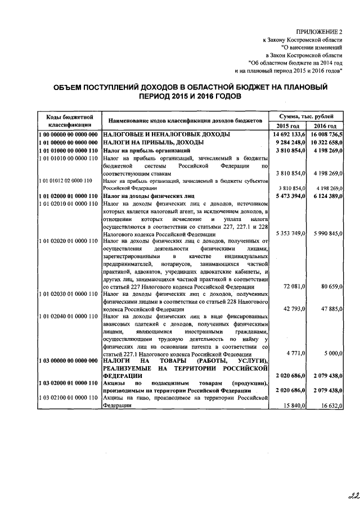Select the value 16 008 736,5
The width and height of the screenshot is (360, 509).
(x=325, y=135)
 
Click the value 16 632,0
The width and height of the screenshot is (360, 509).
(x=328, y=405)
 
